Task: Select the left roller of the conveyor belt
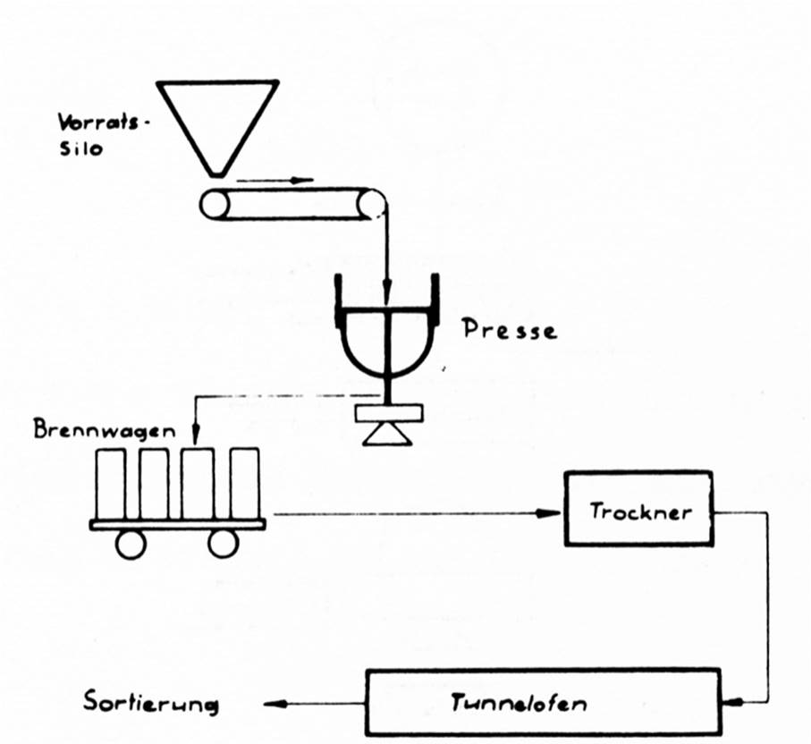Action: point(214,206)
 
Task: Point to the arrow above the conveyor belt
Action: point(277,180)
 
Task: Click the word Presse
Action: point(509,331)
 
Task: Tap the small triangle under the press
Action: point(387,435)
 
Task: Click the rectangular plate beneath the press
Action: point(387,414)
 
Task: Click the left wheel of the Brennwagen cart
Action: point(131,543)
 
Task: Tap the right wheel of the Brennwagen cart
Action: point(223,543)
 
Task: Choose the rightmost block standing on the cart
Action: point(243,483)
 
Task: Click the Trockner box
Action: point(638,508)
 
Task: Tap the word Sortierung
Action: point(151,702)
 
